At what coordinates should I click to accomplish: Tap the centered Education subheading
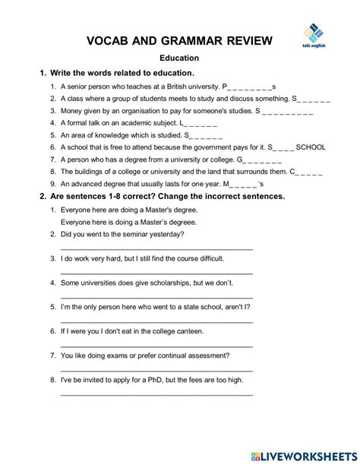click(179, 58)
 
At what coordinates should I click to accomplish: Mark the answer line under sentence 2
click(156, 248)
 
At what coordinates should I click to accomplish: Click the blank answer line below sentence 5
click(156, 321)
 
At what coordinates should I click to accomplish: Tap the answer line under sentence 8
click(156, 394)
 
